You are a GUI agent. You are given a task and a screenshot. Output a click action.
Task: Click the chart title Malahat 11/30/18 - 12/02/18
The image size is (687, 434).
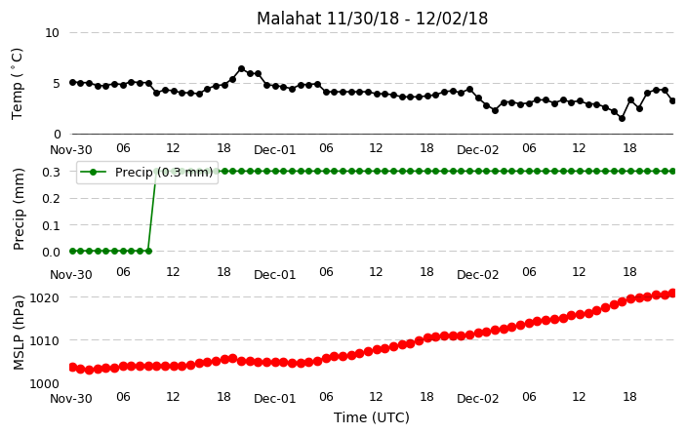[x=372, y=19]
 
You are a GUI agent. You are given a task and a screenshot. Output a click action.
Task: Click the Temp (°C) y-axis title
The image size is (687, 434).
[x=17, y=84]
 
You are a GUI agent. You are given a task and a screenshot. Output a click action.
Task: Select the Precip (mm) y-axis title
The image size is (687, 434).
[x=19, y=210]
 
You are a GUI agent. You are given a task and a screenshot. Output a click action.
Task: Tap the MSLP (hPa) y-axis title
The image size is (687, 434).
[x=19, y=333]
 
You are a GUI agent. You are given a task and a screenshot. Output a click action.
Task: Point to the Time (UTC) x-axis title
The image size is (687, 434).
[x=372, y=417]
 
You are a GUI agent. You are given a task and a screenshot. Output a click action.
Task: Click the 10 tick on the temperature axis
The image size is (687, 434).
[x=52, y=33]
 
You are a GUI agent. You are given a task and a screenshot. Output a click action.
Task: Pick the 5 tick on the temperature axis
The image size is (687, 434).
[x=56, y=84]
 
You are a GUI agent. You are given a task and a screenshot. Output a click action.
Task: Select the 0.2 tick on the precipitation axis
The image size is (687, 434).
[x=52, y=198]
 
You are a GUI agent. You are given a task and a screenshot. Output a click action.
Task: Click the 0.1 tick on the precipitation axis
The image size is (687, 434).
[x=52, y=225]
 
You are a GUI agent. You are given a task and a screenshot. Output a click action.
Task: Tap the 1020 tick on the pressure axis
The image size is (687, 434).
[x=44, y=297]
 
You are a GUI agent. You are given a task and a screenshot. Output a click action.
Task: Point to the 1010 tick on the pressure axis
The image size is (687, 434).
[x=44, y=340]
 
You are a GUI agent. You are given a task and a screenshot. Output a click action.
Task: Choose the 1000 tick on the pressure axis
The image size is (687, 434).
[x=44, y=383]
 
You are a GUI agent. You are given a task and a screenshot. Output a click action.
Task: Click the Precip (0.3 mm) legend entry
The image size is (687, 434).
[x=147, y=172]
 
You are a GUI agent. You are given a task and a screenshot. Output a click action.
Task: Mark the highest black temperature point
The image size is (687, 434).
[x=241, y=68]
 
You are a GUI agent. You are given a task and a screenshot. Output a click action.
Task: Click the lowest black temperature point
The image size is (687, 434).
[x=622, y=118]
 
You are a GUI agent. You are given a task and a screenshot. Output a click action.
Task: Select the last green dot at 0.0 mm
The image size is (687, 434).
[x=148, y=251]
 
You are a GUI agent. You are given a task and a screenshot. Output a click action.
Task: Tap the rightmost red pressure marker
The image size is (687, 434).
[x=673, y=293]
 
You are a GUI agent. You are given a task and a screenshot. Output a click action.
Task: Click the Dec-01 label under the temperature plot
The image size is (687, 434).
[x=275, y=150]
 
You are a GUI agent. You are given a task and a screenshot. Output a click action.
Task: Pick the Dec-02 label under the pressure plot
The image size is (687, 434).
[x=477, y=399]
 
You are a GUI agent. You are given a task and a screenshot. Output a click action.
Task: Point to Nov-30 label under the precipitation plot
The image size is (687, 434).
[x=71, y=275]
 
